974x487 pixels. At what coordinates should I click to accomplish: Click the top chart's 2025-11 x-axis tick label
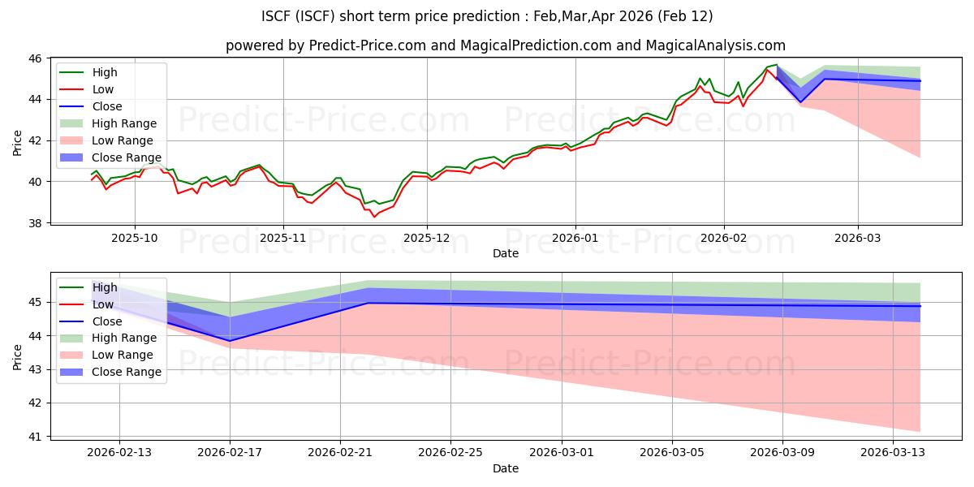(x=283, y=238)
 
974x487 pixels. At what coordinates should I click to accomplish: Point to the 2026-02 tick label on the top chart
(x=723, y=238)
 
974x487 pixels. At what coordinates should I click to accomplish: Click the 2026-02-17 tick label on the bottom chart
(x=230, y=452)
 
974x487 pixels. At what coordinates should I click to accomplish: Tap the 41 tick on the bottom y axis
(x=37, y=437)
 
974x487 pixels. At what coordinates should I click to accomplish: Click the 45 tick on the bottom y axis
(x=37, y=303)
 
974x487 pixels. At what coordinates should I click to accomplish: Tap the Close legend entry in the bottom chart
(x=107, y=321)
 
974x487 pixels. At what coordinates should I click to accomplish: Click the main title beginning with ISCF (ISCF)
(x=487, y=16)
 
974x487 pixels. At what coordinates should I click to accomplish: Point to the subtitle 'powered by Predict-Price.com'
(x=505, y=46)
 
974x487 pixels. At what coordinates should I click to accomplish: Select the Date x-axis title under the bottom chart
(x=505, y=468)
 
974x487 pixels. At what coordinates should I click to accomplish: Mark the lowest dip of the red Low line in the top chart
(x=374, y=217)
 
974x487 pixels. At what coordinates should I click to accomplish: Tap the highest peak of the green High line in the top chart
(x=776, y=65)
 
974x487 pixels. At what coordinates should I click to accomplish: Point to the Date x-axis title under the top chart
(x=505, y=254)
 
